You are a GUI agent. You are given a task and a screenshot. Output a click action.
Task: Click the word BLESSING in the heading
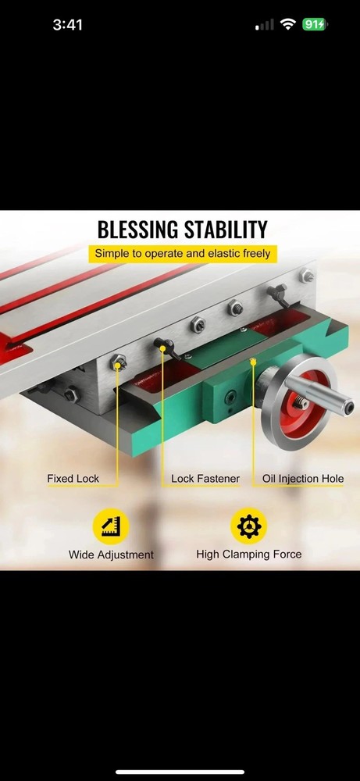click(x=137, y=230)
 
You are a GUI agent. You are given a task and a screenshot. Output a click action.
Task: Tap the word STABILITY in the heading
click(x=224, y=230)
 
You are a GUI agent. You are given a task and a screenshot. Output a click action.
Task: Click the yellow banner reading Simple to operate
click(x=182, y=254)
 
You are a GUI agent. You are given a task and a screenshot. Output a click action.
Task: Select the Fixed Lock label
click(x=72, y=479)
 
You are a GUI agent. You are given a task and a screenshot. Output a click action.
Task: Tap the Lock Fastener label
click(x=205, y=479)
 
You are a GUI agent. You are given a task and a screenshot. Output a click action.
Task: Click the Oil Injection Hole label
click(x=303, y=479)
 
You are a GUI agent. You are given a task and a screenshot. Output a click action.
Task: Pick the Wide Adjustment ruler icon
click(x=110, y=526)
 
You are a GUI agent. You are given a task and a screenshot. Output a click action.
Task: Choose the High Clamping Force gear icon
click(x=248, y=526)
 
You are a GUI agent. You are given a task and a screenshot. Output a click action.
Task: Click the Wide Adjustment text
click(x=110, y=555)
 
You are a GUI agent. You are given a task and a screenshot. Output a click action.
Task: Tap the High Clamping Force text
click(x=248, y=555)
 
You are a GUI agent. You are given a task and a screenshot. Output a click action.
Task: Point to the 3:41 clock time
click(x=68, y=25)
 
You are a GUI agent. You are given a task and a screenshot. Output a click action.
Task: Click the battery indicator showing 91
click(x=314, y=25)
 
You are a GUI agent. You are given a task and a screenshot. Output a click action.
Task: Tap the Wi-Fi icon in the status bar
click(x=288, y=25)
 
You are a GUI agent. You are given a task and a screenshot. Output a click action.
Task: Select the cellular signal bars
click(x=266, y=25)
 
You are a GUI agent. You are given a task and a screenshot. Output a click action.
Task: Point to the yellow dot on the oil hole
click(x=253, y=361)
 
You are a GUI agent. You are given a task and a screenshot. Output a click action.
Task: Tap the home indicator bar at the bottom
click(x=180, y=772)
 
